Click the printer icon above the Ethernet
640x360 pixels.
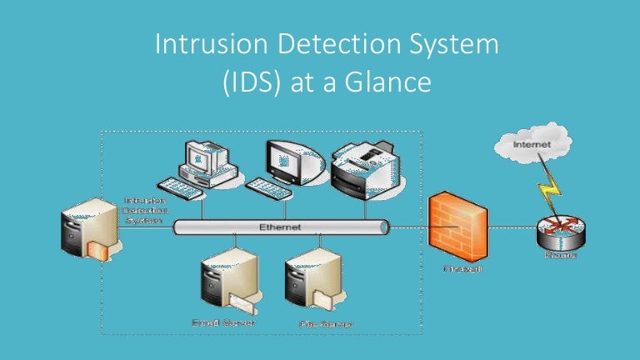click(359, 169)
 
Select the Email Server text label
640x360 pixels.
click(223, 322)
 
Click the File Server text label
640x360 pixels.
click(324, 323)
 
